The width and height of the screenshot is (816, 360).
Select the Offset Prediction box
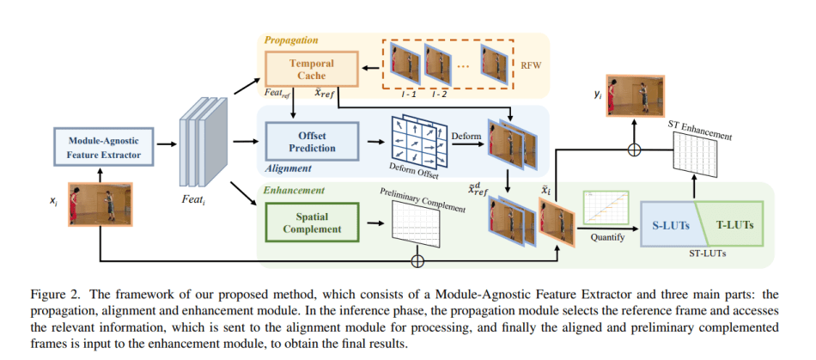click(x=300, y=141)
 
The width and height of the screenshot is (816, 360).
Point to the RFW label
click(x=533, y=63)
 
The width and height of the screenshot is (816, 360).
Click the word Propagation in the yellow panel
click(x=290, y=40)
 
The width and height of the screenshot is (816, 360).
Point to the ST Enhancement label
click(x=700, y=130)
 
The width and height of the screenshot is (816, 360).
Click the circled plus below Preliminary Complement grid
click(x=417, y=259)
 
